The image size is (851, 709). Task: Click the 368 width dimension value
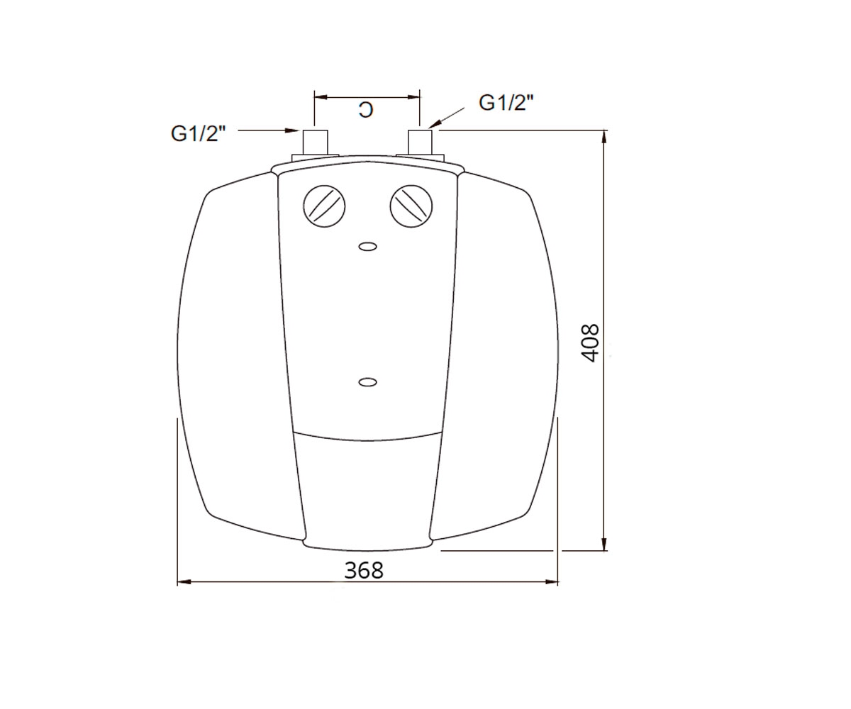pos(364,571)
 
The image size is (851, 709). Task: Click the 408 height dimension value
pos(590,343)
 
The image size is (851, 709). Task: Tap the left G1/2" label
pos(198,133)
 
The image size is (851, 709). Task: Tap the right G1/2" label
pos(506,103)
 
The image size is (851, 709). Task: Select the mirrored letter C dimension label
pos(366,110)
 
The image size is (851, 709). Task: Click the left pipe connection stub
pos(315,143)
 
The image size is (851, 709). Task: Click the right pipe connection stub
pos(421,143)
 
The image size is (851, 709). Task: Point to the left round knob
pos(324,206)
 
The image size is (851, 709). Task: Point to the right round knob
pos(411,206)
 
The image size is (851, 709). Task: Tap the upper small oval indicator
pos(367,247)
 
